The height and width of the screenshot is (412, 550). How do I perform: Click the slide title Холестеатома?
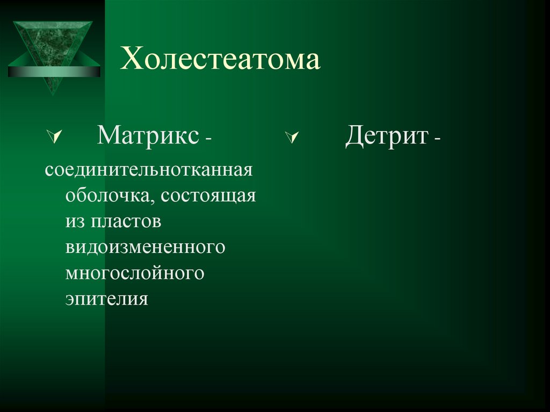click(x=220, y=60)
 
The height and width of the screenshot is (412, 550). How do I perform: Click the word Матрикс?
click(x=147, y=135)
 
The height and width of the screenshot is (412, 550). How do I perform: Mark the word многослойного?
click(x=135, y=272)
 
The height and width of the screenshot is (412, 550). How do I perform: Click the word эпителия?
click(x=106, y=298)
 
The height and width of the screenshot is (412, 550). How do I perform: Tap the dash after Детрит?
click(x=438, y=140)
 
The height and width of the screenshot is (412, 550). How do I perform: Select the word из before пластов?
click(x=75, y=221)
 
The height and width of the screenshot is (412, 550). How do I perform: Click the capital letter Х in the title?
click(x=131, y=60)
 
